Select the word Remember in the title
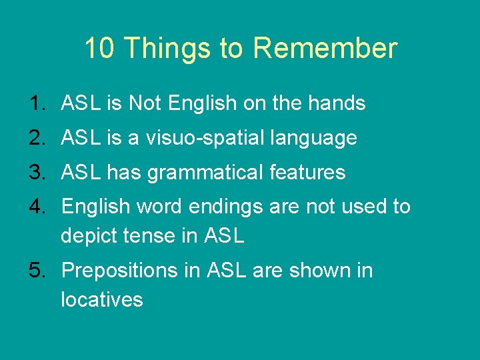click(325, 49)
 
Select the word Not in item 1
click(145, 103)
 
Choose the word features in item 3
click(308, 173)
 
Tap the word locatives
click(101, 299)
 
